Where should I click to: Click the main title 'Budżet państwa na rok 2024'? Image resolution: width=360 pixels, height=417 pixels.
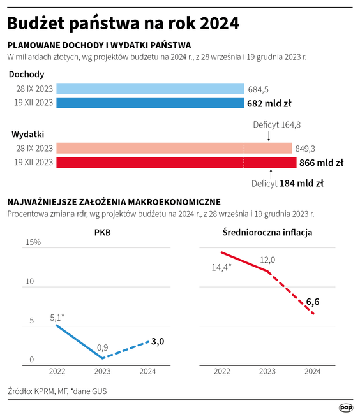pos(123,24)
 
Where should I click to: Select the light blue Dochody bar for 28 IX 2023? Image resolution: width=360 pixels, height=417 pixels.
pos(150,89)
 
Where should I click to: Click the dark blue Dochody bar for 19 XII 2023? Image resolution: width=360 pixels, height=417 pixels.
pos(150,103)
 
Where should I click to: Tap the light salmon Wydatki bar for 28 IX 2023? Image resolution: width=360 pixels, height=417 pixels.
pos(174,149)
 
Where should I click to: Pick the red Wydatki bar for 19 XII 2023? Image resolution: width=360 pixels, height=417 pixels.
pos(176,163)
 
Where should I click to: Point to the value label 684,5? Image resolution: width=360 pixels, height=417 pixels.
pos(259,89)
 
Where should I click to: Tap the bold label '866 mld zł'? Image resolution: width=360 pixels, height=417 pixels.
pos(322,163)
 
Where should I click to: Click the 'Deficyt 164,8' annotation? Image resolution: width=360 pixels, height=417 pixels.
pos(276,124)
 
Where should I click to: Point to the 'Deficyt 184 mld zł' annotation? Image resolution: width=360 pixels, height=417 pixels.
pos(287,183)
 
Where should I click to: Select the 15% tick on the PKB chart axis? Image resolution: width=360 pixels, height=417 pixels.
pos(33,242)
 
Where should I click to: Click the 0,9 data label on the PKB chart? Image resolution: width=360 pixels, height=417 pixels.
pos(102,347)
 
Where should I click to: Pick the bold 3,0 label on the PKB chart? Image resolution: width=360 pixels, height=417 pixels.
pos(158,341)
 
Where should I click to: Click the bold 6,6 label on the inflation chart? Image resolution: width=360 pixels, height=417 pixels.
pos(313,302)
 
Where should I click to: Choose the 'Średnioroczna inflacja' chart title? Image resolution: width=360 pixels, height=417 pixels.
pos(267,233)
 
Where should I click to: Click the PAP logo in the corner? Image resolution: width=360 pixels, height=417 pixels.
pos(345,407)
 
